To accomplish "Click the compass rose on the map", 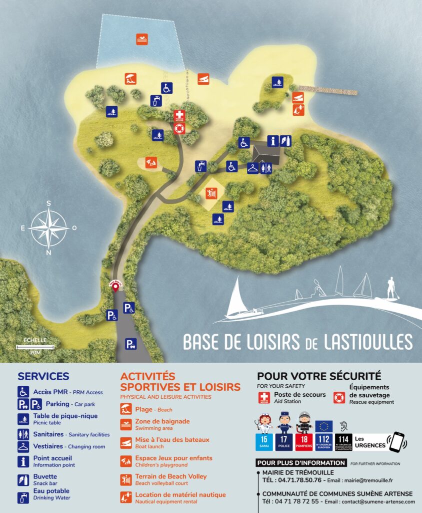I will point(48,228).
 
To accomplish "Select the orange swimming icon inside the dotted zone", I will point(142,39).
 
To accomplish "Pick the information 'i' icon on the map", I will point(272,141).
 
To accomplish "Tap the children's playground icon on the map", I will point(150,162).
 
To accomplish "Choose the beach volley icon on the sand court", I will point(210,192).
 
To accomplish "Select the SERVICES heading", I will point(43,376).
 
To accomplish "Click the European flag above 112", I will point(324,427).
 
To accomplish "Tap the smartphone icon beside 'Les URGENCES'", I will point(397,442).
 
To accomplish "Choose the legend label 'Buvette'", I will point(45,476).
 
